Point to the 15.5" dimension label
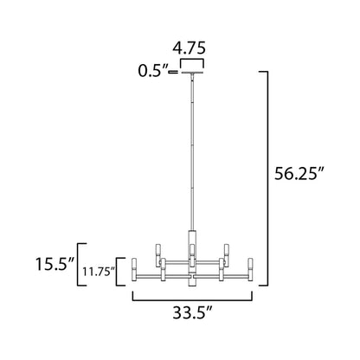[54, 261]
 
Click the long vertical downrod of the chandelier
[191, 156]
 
